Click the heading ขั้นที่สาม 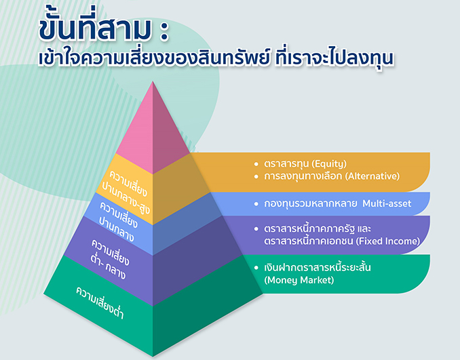(x=96, y=28)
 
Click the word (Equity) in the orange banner (x=329, y=163)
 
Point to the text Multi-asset (x=387, y=203)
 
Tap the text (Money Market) (x=299, y=280)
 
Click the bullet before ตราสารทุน (x=256, y=164)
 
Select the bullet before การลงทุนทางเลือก (x=256, y=176)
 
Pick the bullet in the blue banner (x=256, y=204)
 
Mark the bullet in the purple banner (x=256, y=228)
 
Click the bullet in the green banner (x=256, y=268)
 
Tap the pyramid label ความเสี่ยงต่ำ (x=100, y=302)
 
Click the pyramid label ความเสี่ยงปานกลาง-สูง (x=126, y=191)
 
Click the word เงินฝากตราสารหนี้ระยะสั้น (x=317, y=267)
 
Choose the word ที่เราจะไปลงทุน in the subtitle (x=334, y=58)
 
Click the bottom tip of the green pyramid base (x=153, y=357)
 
